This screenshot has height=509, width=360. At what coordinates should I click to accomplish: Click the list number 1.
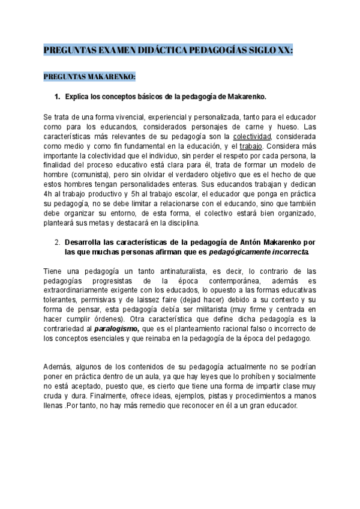coord(58,96)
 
